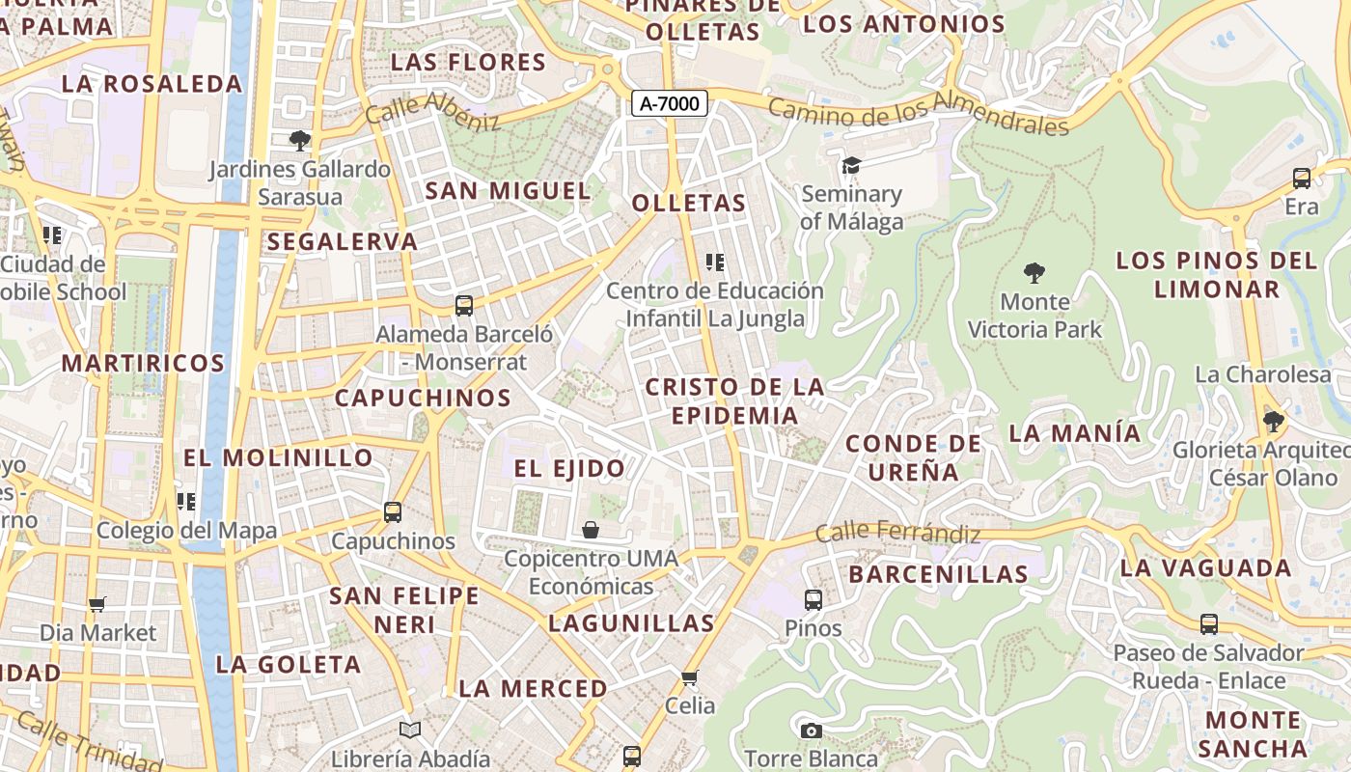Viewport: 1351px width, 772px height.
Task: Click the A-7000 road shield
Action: pos(670,103)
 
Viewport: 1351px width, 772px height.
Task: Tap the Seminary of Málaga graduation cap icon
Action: pos(850,166)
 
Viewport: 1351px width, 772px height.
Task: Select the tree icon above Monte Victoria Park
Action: pos(1034,273)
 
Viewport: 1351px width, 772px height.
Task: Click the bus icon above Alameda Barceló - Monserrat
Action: pos(464,306)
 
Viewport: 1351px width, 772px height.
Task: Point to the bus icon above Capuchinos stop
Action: pos(393,512)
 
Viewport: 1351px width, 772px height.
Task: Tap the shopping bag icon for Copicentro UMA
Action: pos(591,530)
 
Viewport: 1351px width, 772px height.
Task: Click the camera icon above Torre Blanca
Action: pos(811,731)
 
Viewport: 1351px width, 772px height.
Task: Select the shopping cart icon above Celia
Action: pos(689,677)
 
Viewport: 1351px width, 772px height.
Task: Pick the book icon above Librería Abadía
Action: pos(410,731)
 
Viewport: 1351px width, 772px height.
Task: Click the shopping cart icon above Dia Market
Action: pos(96,605)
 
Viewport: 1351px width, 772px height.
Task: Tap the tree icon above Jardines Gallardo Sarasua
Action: pos(300,141)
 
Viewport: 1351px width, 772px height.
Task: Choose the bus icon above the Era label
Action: pos(1301,179)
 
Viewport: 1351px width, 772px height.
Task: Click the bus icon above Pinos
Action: pos(813,600)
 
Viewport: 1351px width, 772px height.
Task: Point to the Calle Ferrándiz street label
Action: pos(897,532)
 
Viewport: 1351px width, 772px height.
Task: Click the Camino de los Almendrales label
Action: pos(919,118)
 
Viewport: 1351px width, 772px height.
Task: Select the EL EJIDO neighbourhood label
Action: pos(569,469)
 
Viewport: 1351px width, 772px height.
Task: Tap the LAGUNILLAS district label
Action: pos(631,623)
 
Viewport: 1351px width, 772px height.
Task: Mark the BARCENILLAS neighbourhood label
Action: pos(938,574)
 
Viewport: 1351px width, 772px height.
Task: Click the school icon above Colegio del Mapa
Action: pos(186,502)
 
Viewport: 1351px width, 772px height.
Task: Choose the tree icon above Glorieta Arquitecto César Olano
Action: pos(1273,422)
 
